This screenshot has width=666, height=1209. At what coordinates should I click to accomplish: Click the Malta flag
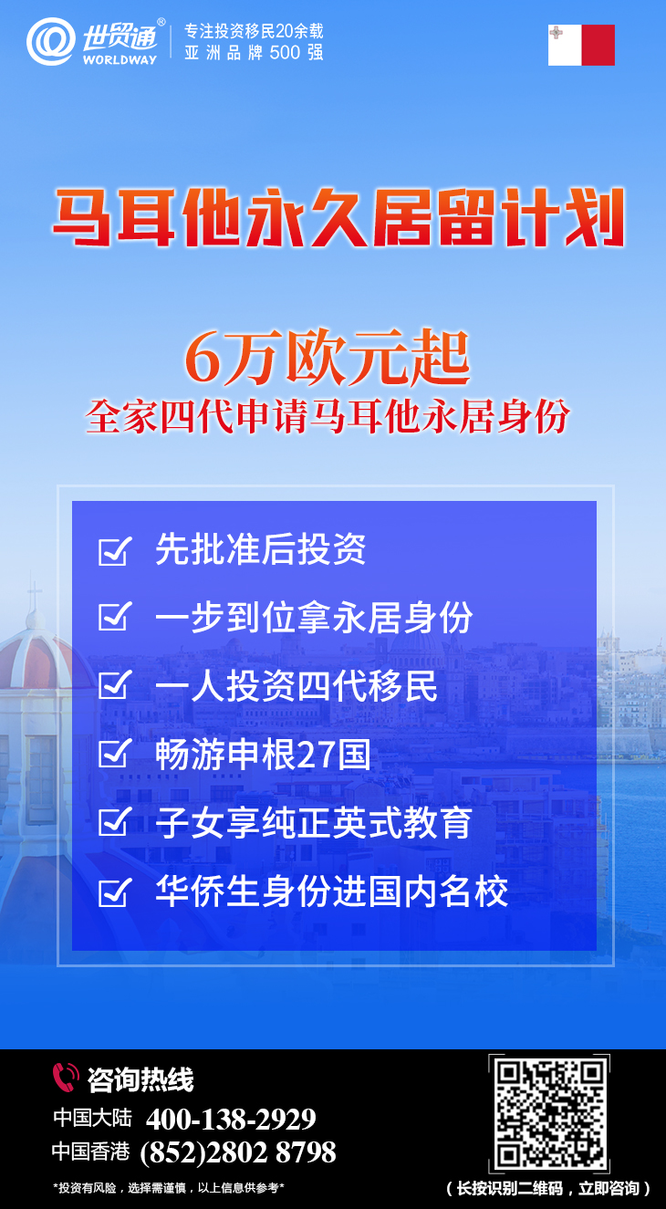pos(581,45)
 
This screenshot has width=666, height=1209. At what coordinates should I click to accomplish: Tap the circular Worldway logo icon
pos(51,42)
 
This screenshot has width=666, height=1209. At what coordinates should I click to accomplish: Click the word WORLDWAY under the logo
pos(120,60)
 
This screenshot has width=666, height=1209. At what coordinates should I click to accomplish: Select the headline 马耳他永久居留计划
pos(338,217)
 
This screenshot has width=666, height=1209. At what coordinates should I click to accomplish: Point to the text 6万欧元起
pos(327,358)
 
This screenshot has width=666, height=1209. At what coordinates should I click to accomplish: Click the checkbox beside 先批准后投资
pos(115,550)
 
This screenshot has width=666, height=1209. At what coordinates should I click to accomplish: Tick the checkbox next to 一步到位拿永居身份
pos(115,617)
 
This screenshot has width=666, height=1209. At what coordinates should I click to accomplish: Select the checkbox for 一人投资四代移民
pos(115,684)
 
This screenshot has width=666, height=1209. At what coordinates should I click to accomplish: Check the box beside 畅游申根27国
pos(115,753)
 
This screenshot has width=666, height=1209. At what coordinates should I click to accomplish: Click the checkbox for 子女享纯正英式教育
pos(115,821)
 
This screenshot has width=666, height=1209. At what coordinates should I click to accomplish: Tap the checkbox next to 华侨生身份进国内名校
pos(115,891)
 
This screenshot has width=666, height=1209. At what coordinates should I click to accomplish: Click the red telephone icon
pos(66,1078)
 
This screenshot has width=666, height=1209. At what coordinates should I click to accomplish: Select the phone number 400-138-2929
pos(231,1120)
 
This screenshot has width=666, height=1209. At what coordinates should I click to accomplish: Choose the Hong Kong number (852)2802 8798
pos(238,1152)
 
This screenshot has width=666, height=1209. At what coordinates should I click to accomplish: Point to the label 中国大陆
pos(92,1118)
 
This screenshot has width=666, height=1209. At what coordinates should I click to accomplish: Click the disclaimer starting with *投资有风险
pos(169,1188)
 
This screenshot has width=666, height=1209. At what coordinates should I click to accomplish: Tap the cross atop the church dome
pos(35,593)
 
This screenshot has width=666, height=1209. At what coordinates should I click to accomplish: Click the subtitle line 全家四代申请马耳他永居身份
pos(327,417)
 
